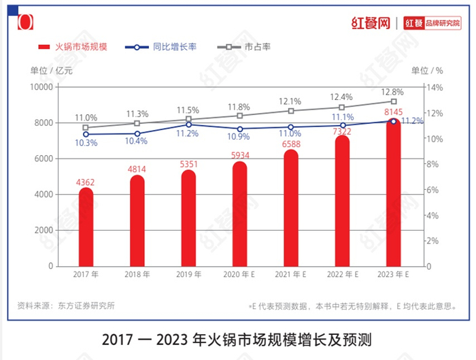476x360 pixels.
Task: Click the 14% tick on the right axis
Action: click(435, 87)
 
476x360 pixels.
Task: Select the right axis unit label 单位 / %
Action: click(427, 70)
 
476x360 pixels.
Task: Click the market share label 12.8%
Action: click(392, 92)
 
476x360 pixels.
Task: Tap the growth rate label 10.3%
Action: click(86, 143)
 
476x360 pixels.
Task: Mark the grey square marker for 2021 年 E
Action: click(290, 111)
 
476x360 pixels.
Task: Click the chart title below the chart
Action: click(238, 338)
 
